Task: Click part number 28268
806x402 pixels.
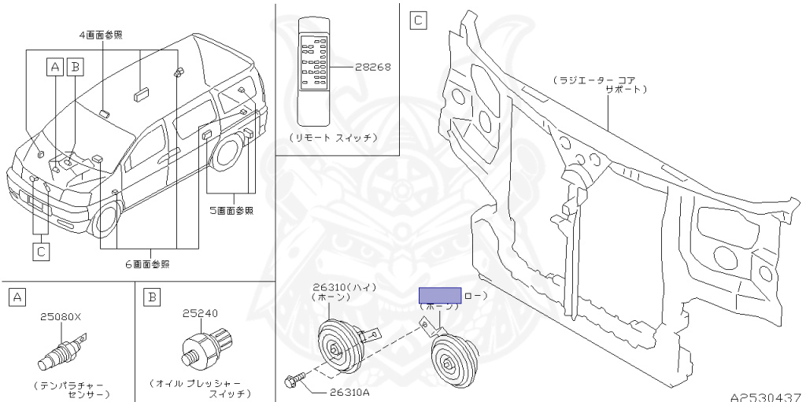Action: pyautogui.click(x=373, y=68)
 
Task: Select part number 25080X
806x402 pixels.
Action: pyautogui.click(x=61, y=317)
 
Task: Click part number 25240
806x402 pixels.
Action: pyautogui.click(x=199, y=313)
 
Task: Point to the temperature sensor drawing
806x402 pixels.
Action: pyautogui.click(x=59, y=353)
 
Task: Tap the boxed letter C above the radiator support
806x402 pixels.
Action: pyautogui.click(x=419, y=20)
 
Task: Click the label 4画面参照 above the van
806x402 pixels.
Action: pyautogui.click(x=101, y=35)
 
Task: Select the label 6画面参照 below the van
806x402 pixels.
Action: pyautogui.click(x=147, y=264)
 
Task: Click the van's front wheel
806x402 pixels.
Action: pyautogui.click(x=107, y=218)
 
